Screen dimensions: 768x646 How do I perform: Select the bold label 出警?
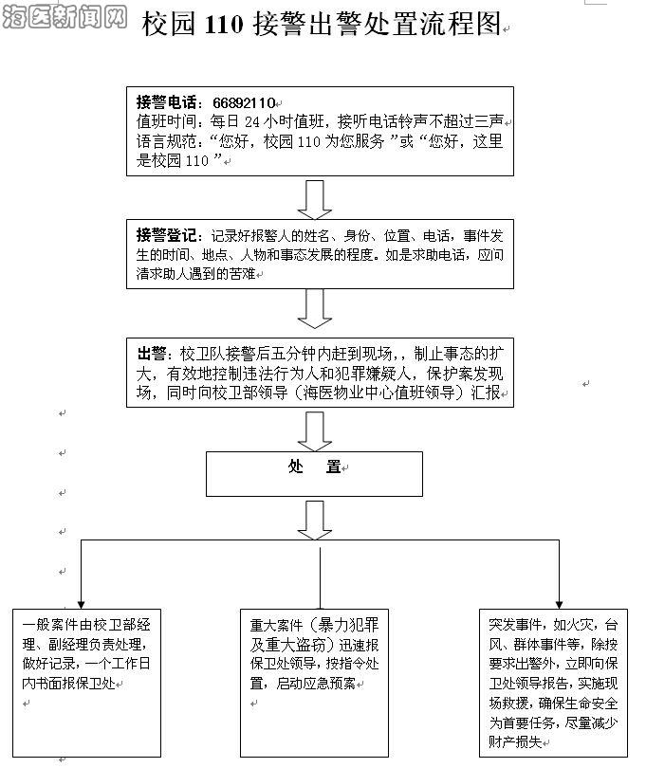pyautogui.click(x=152, y=352)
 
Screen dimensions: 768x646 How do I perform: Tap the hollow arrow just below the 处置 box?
pyautogui.click(x=314, y=520)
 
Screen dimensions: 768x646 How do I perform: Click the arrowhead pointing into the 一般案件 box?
pyautogui.click(x=81, y=601)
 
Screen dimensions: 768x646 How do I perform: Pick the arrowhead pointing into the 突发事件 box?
pyautogui.click(x=559, y=601)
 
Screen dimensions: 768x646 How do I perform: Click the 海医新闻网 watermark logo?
pyautogui.click(x=65, y=17)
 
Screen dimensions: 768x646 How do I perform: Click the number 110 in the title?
pyautogui.click(x=225, y=27)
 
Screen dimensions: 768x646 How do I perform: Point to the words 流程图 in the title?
pyautogui.click(x=466, y=27)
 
